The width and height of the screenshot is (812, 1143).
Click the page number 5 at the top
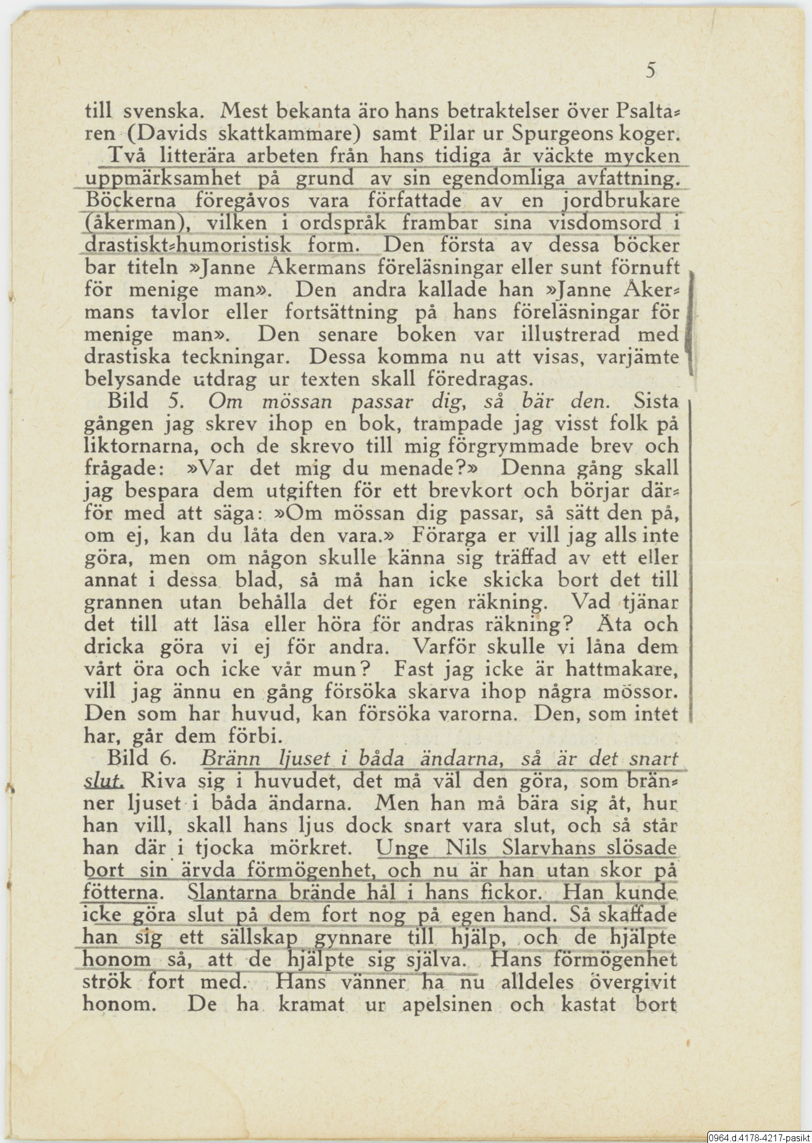point(651,71)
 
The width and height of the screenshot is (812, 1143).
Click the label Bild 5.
point(145,401)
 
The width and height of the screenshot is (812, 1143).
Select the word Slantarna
point(232,893)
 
